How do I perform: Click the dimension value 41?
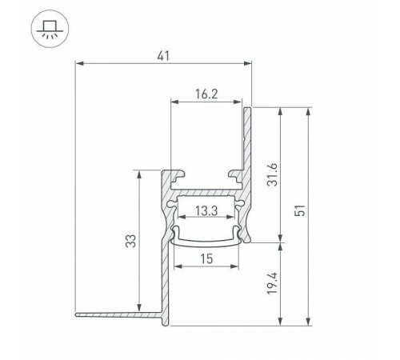[x=163, y=56]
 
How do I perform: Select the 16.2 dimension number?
[x=206, y=94]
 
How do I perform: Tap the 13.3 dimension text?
[x=206, y=210]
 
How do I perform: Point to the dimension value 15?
[x=206, y=258]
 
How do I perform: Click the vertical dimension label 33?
[x=130, y=241]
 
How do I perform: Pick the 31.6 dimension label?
[x=272, y=174]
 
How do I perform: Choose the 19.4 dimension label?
[x=272, y=283]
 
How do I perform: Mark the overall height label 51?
[x=300, y=210]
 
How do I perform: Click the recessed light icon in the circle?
[x=50, y=29]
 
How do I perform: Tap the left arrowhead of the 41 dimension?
[x=79, y=63]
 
